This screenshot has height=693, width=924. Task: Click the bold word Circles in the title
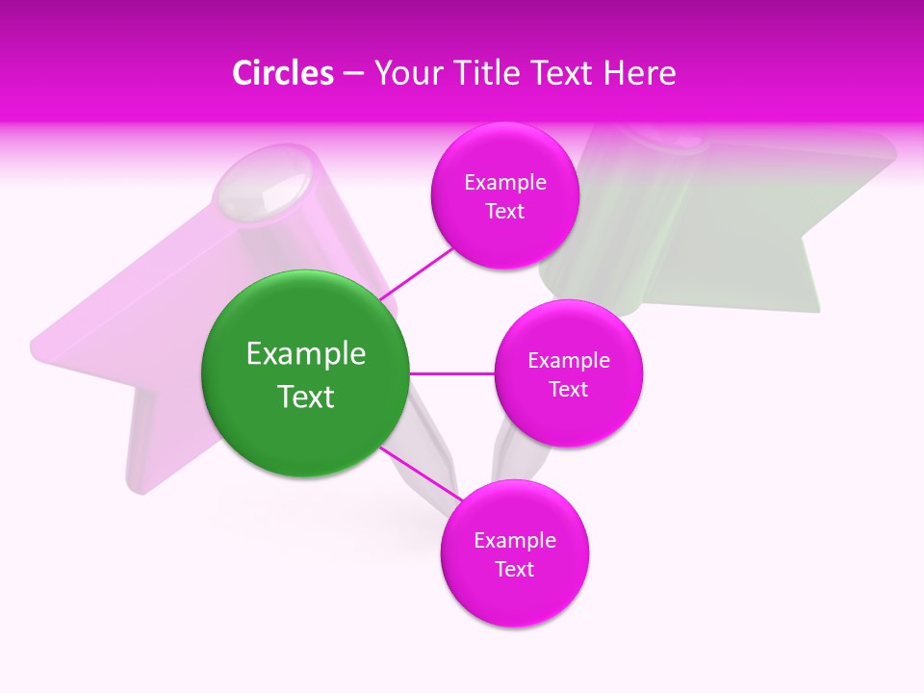point(282,73)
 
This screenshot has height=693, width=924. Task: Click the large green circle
point(305,373)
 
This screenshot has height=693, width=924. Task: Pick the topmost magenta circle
point(504,195)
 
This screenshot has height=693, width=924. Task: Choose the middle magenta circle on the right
point(568,373)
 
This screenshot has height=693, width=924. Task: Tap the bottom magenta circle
point(514,553)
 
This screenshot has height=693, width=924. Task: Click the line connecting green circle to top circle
point(419,272)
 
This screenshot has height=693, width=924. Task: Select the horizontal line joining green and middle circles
point(451,373)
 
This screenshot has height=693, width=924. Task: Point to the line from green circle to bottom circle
point(420,474)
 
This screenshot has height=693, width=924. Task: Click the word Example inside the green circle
point(305,354)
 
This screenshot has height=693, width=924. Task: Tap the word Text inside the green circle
point(305,397)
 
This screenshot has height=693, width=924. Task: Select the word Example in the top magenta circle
point(504,183)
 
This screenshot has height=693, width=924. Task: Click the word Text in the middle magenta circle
point(568,390)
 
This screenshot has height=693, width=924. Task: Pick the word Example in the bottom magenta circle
point(514,541)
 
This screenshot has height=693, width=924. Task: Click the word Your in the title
point(398,73)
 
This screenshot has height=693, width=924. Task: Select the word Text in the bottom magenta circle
point(514,569)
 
